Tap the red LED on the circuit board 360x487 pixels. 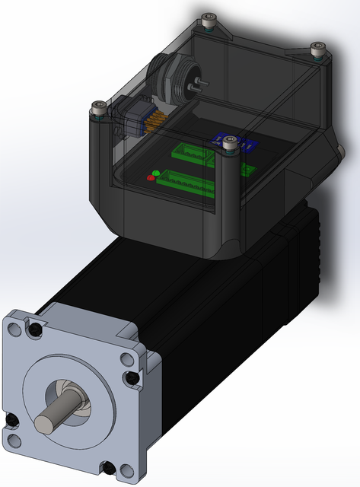[150, 178]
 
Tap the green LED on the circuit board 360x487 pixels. [156, 173]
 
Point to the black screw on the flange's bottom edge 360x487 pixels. [111, 467]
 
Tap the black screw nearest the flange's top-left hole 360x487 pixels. [35, 329]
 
